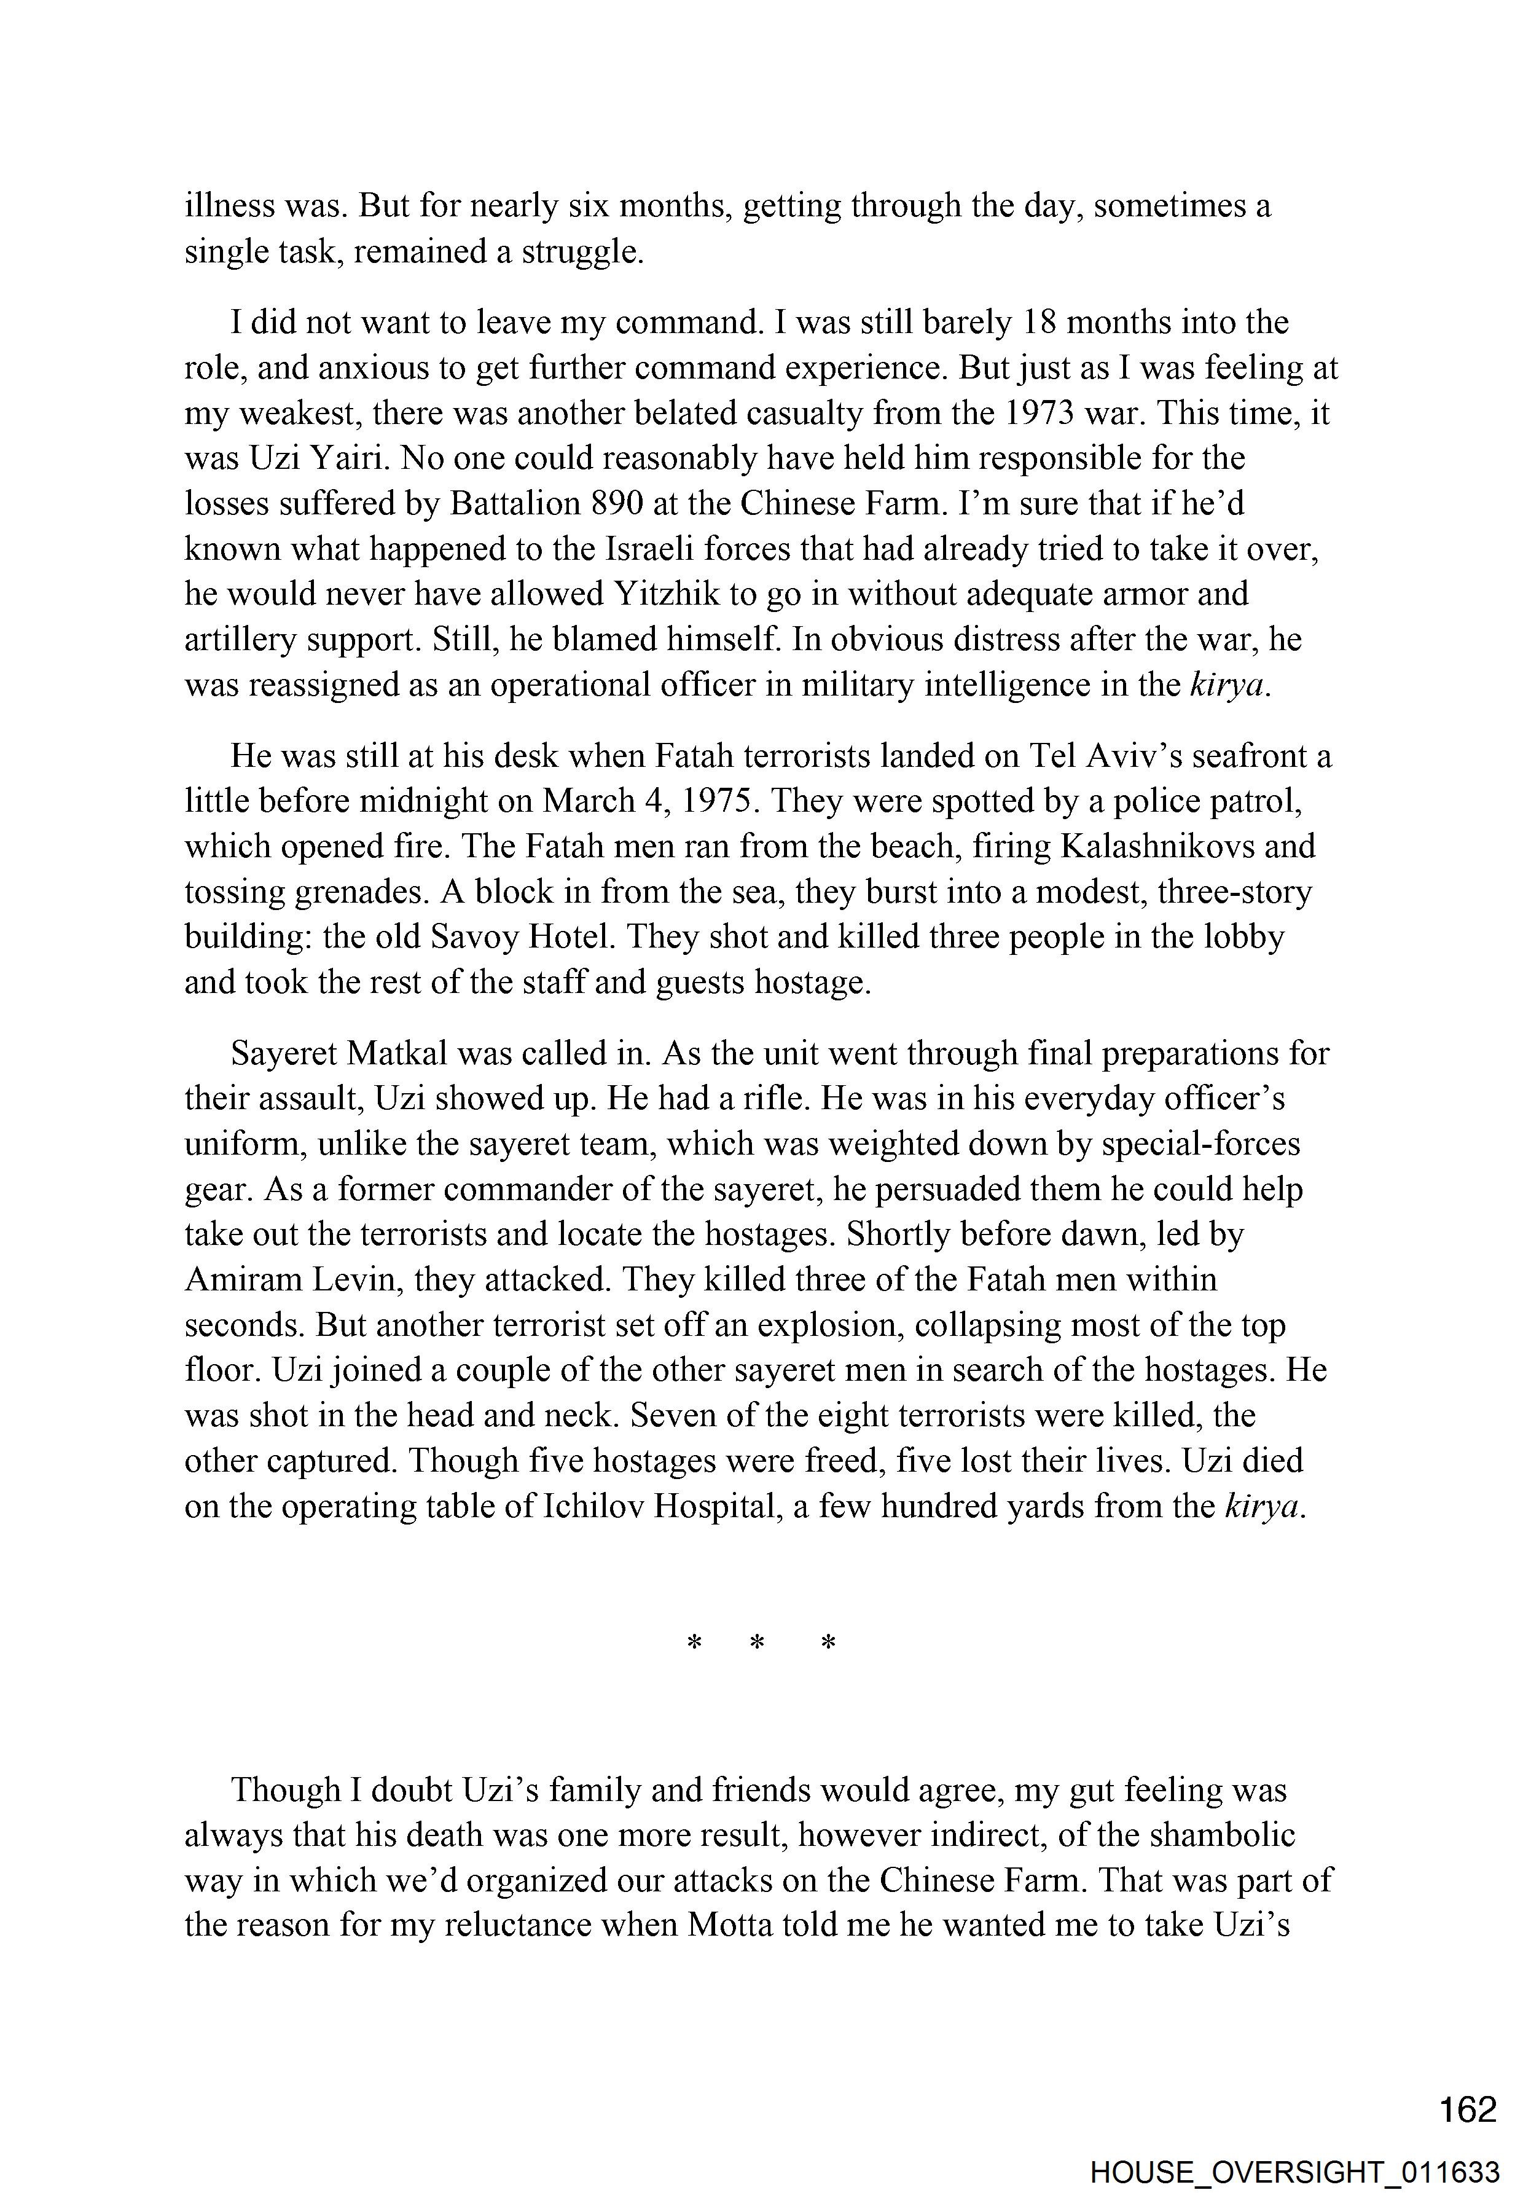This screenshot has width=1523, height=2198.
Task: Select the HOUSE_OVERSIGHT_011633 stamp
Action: point(1294,2172)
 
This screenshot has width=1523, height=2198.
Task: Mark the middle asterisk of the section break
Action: point(758,1644)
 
